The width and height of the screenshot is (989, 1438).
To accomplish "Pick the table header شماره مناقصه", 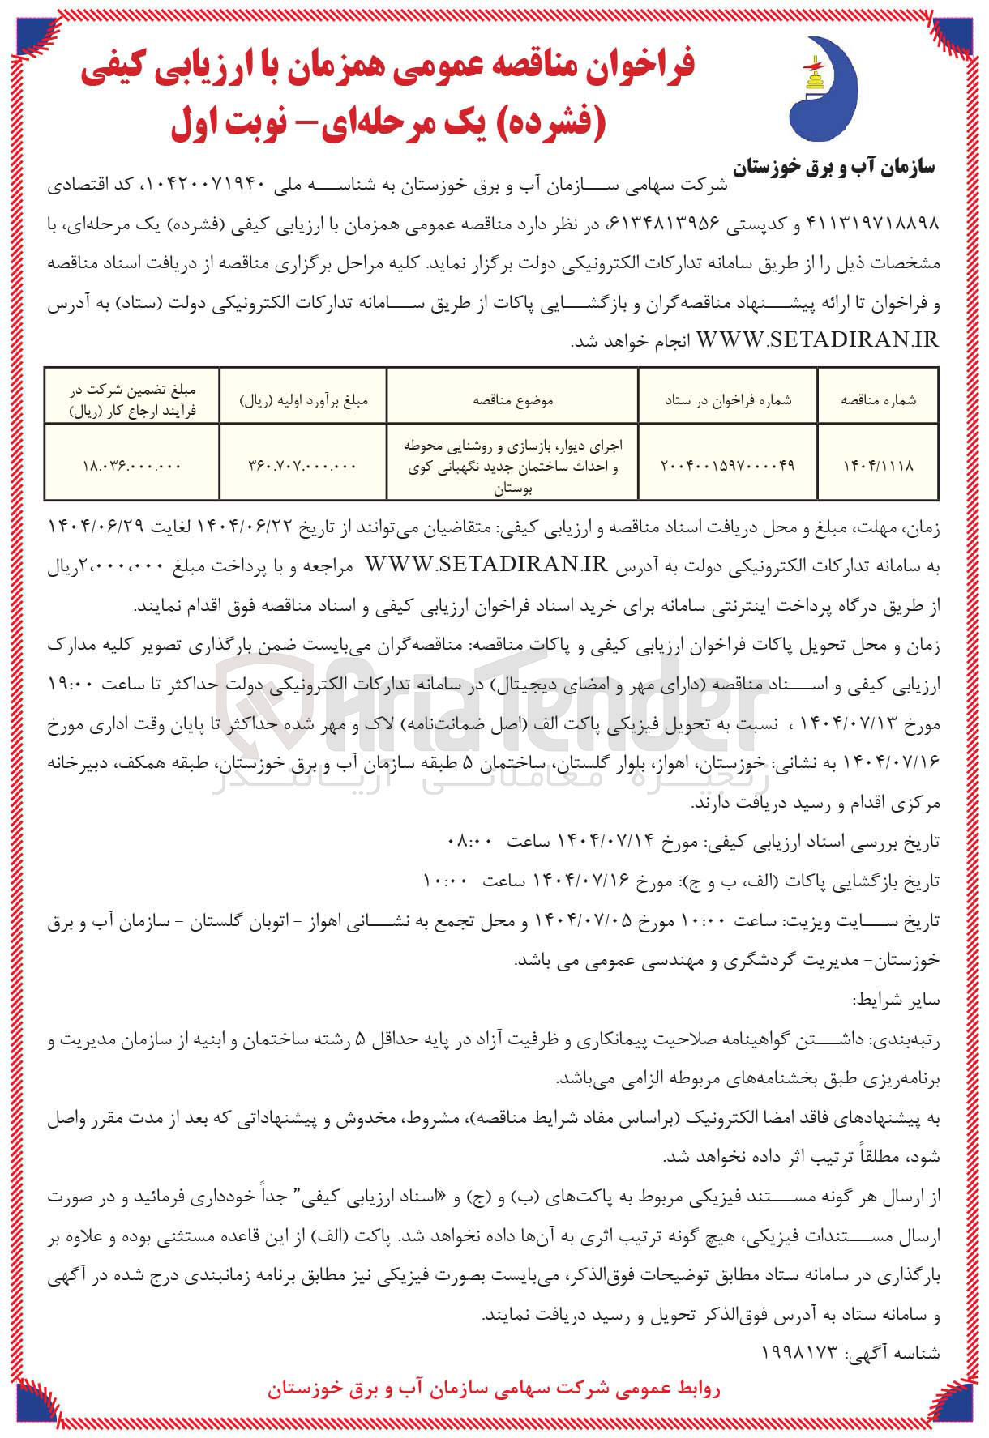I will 878,399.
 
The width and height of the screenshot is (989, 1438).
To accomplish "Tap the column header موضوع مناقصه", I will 512,399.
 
